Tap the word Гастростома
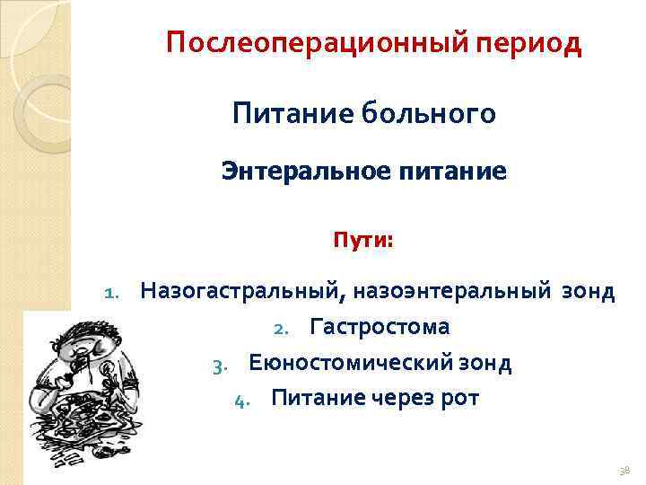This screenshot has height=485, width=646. click(380, 327)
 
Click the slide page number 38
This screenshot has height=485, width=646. click(624, 470)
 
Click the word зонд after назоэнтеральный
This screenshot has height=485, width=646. click(589, 291)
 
